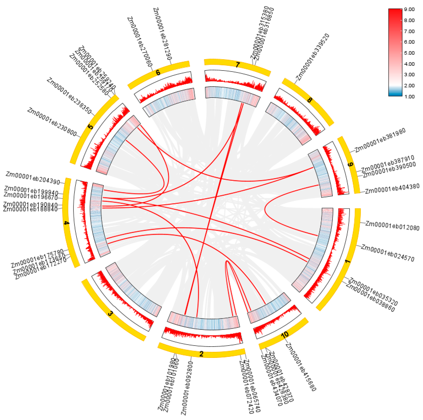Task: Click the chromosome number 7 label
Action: coord(238,65)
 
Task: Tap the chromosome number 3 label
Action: coord(111,313)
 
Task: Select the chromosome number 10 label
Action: coord(285,335)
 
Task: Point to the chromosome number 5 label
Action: coord(90,127)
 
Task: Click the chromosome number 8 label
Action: coord(310,100)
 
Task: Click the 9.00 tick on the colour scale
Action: coord(409,9)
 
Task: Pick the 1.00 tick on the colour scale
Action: coord(409,97)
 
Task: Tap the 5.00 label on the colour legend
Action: coord(409,53)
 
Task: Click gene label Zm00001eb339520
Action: coord(313,57)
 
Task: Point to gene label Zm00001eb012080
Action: coord(392,226)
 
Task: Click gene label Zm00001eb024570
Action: coord(388,253)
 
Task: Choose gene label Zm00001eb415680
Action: coord(301,367)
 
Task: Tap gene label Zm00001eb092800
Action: coord(187,388)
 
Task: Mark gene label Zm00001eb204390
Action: coord(33,178)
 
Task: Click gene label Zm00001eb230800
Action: coord(52,122)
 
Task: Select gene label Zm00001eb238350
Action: coord(69,96)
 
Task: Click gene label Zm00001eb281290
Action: coord(162,34)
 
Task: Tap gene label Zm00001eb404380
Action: coord(392,188)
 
